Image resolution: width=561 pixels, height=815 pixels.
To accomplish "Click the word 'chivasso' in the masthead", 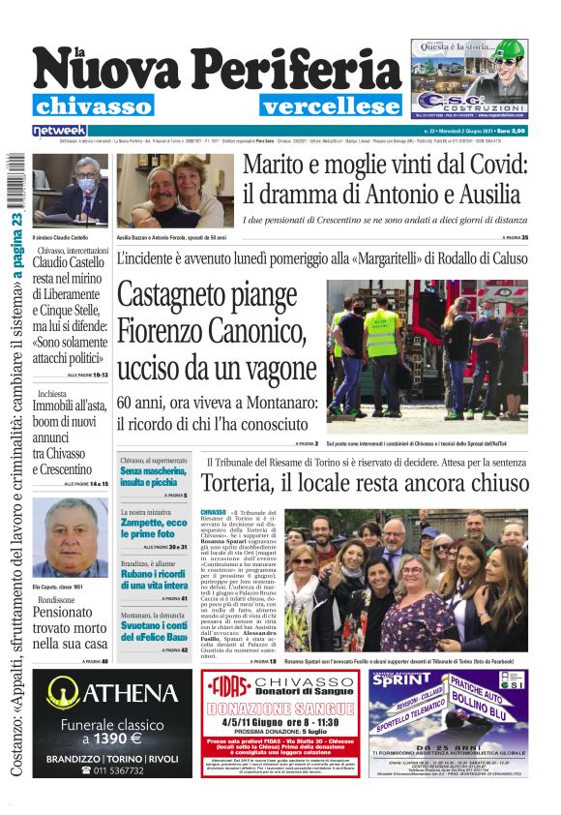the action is (93, 106).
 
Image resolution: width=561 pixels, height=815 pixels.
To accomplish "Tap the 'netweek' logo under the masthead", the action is (59, 130).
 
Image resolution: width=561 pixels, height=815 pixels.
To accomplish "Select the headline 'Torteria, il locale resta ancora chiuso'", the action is (365, 482).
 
